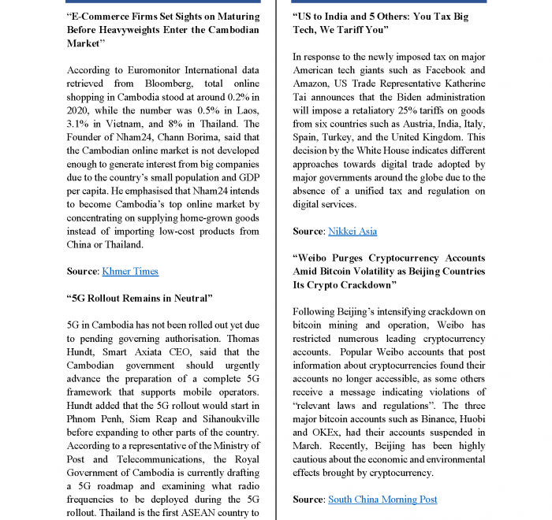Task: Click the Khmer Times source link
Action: click(x=130, y=271)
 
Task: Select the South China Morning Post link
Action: click(x=382, y=499)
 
